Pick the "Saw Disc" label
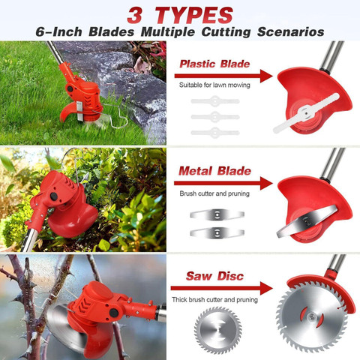[x=215, y=277]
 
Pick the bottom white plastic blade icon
[x=214, y=131]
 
